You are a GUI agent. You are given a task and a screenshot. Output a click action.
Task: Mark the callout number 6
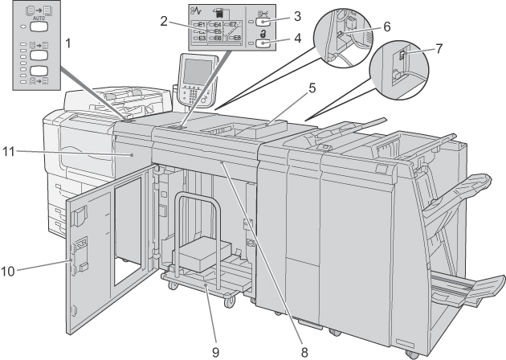point(386,27)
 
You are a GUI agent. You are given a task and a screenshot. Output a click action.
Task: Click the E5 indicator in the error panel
point(216,31)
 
